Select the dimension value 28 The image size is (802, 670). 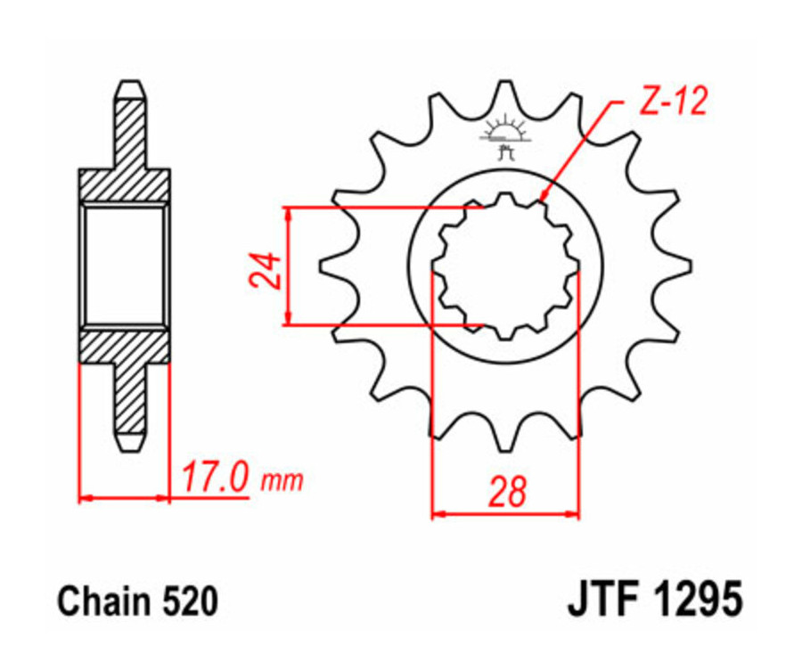coord(506,493)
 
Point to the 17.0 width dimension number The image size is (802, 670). coord(214,478)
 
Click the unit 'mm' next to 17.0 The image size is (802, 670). coord(282,481)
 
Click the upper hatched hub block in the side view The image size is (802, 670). coord(125,185)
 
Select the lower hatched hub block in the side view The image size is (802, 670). coord(125,346)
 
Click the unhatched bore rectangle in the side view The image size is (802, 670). coord(125,266)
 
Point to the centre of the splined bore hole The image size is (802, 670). coord(505,266)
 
